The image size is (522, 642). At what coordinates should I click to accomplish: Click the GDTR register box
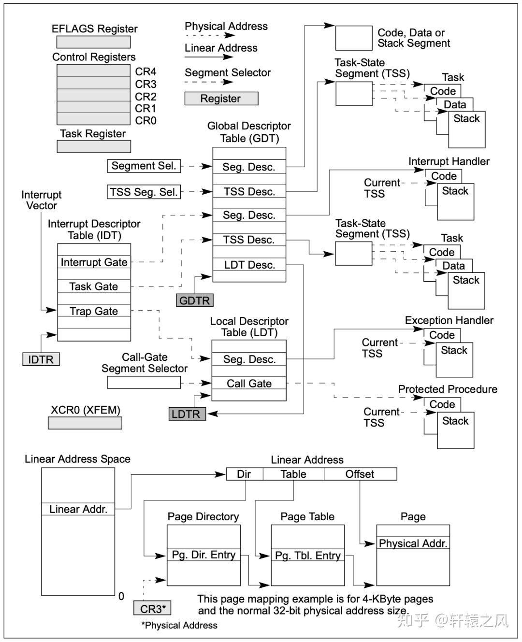pos(194,300)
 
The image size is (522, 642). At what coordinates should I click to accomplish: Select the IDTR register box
pos(41,359)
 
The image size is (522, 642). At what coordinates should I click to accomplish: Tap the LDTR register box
pos(187,414)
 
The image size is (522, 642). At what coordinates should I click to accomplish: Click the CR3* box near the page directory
pos(153,609)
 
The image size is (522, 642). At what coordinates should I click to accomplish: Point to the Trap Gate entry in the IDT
pos(94,311)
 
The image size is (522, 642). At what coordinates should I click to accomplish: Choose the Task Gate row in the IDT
pos(94,286)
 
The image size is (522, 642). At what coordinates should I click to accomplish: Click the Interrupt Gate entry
pos(94,262)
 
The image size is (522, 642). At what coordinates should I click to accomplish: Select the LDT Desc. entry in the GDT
pos(249,265)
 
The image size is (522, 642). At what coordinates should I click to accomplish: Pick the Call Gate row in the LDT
pos(249,384)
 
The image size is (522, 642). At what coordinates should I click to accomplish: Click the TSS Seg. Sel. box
pos(144,192)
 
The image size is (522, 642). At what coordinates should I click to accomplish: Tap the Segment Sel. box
pos(144,166)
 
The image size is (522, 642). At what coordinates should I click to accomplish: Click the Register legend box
pos(221,99)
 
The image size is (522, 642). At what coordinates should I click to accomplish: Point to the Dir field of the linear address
pos(245,474)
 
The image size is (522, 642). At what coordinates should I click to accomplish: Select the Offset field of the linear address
pos(360,474)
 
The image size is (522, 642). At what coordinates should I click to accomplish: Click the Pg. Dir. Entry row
pos(203,555)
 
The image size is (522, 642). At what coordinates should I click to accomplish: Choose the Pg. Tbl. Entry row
pos(308,556)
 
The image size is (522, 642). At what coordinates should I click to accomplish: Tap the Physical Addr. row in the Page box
pos(413,543)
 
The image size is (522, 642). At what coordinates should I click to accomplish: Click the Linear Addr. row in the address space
pos(78,509)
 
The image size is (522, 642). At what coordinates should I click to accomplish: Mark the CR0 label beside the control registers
pos(145,121)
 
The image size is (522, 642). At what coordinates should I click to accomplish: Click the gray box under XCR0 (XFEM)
pos(85,423)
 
